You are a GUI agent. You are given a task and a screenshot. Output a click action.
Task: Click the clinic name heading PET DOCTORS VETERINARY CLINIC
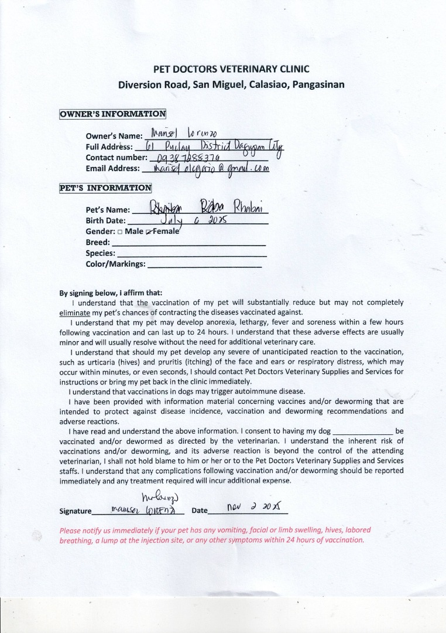point(231,69)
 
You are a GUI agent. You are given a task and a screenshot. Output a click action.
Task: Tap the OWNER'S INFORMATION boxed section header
point(112,114)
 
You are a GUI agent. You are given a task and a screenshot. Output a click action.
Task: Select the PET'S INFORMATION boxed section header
point(105,188)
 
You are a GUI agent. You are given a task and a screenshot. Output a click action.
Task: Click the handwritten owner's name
point(185,134)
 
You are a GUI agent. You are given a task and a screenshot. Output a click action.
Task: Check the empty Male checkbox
point(120,232)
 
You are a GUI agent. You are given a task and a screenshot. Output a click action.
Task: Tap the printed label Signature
point(76,511)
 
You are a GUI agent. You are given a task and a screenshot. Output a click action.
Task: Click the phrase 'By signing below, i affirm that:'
point(111,293)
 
